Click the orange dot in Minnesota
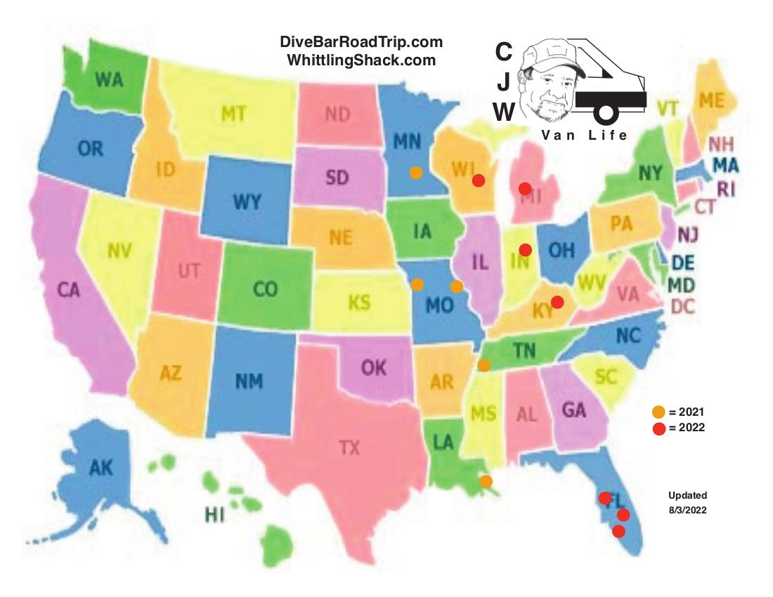[416, 172]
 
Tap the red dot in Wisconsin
[479, 181]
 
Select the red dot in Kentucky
[557, 302]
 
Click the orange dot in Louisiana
[486, 481]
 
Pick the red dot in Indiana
[525, 249]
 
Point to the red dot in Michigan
[525, 188]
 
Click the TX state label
[349, 447]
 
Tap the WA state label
[109, 79]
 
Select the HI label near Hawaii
[214, 516]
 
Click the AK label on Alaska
[100, 468]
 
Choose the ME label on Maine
[711, 100]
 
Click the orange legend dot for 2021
[658, 412]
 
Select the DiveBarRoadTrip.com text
[361, 43]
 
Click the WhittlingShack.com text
[361, 60]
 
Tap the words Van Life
[585, 135]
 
